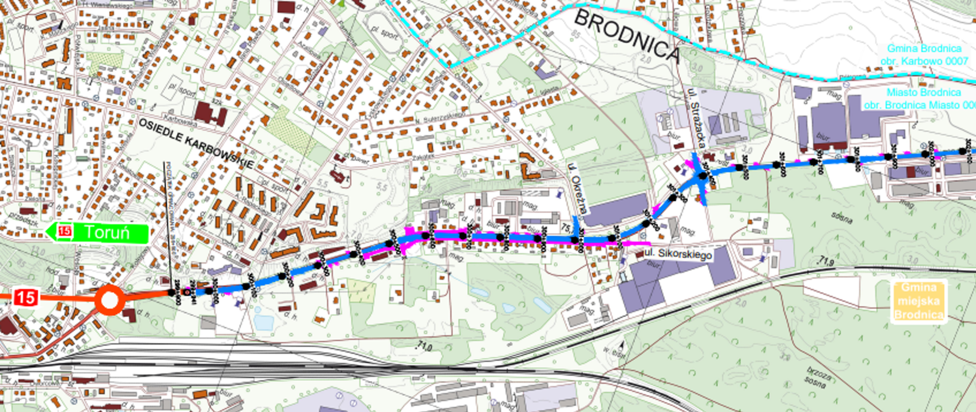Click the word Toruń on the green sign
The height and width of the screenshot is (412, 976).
[x=107, y=232]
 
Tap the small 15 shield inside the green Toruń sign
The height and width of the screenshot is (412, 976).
[x=65, y=231]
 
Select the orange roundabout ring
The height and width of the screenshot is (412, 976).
[x=109, y=301]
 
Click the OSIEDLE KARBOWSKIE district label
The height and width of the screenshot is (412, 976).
[x=196, y=143]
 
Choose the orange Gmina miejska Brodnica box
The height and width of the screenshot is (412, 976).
[x=918, y=301]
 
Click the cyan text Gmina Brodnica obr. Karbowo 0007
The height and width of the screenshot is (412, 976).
[x=924, y=54]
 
